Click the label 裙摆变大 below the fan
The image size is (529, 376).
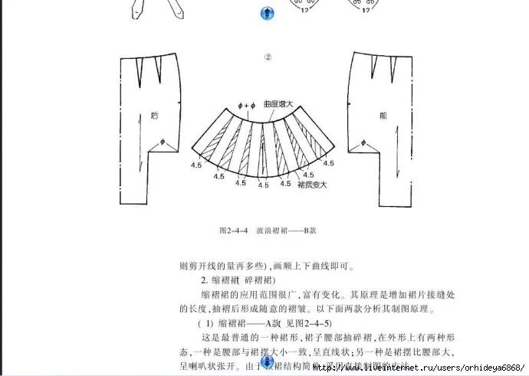[310, 184]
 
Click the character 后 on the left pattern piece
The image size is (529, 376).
[154, 116]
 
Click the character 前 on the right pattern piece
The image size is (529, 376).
[383, 116]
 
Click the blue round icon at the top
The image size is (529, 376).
[268, 12]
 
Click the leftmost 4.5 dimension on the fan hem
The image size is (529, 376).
[197, 163]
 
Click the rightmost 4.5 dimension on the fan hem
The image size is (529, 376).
[328, 163]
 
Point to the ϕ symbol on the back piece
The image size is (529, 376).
[163, 142]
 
